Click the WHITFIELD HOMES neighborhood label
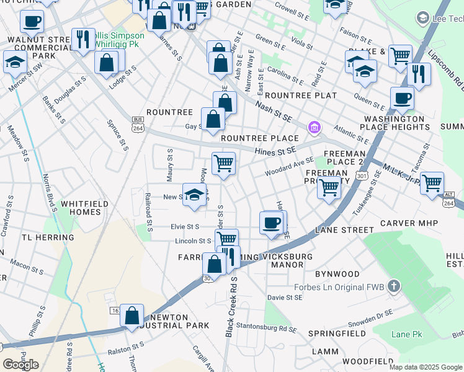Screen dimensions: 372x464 click(x=79, y=207)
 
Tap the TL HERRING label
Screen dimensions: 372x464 click(x=48, y=237)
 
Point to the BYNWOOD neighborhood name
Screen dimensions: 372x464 click(x=337, y=273)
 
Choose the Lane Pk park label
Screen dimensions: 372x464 click(x=406, y=334)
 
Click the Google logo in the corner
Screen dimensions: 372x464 click(x=20, y=364)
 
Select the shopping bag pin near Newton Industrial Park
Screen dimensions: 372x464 click(x=132, y=315)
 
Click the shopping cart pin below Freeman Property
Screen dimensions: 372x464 click(x=329, y=187)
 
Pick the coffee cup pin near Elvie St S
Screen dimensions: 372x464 click(x=271, y=222)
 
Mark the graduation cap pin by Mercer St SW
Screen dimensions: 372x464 click(x=14, y=62)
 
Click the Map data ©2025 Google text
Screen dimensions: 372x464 click(x=426, y=366)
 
